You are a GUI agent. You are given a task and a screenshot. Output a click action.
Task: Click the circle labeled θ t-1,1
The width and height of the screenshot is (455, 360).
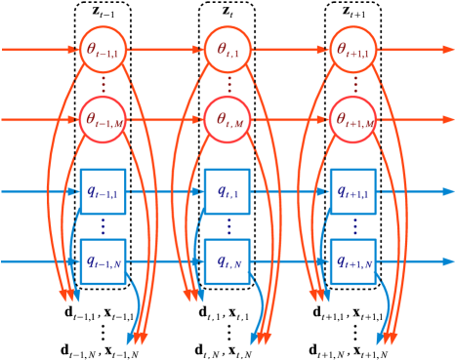coord(103,49)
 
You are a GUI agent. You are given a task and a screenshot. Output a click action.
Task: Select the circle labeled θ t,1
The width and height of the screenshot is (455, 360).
coord(228,49)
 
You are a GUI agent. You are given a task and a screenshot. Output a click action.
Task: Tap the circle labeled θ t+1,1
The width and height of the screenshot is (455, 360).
coord(353,49)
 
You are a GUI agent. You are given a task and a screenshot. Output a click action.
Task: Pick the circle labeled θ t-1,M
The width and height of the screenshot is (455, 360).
coord(103,120)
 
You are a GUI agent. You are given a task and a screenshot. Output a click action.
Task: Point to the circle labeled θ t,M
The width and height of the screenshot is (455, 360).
coord(228,120)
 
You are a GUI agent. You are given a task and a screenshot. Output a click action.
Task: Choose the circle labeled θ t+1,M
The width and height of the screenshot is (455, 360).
coord(353,120)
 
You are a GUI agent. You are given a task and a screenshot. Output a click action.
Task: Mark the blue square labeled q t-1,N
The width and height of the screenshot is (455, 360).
coord(103,261)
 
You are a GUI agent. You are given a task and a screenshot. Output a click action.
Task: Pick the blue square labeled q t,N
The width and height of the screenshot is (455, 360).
coord(228,261)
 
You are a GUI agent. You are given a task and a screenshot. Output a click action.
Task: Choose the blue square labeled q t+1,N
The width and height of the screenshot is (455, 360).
coord(353,261)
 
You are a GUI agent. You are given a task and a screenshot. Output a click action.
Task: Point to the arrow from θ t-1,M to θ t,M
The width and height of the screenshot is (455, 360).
coord(165,120)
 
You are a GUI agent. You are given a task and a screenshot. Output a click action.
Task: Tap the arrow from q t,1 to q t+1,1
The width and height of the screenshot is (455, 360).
coord(291,191)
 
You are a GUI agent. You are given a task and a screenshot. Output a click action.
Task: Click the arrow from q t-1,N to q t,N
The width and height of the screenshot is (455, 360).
coord(165,261)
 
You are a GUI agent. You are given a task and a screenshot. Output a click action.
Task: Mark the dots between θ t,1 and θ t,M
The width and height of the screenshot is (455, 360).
coord(228,85)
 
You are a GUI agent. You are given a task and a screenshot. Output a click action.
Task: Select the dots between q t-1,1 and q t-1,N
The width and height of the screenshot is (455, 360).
coord(103,226)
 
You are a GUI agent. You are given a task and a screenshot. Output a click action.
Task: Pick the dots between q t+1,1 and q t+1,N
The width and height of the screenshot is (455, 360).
coord(353,226)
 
